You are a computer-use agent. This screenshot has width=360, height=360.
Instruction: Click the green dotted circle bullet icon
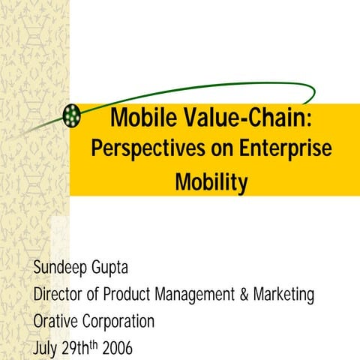coord(73,115)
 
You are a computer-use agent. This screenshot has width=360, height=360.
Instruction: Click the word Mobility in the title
coord(211,181)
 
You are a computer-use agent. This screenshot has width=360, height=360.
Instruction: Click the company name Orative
coord(55,322)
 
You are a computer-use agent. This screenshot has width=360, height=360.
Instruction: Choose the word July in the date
coord(46,349)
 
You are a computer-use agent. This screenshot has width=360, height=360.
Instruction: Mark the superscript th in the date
coord(88,345)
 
